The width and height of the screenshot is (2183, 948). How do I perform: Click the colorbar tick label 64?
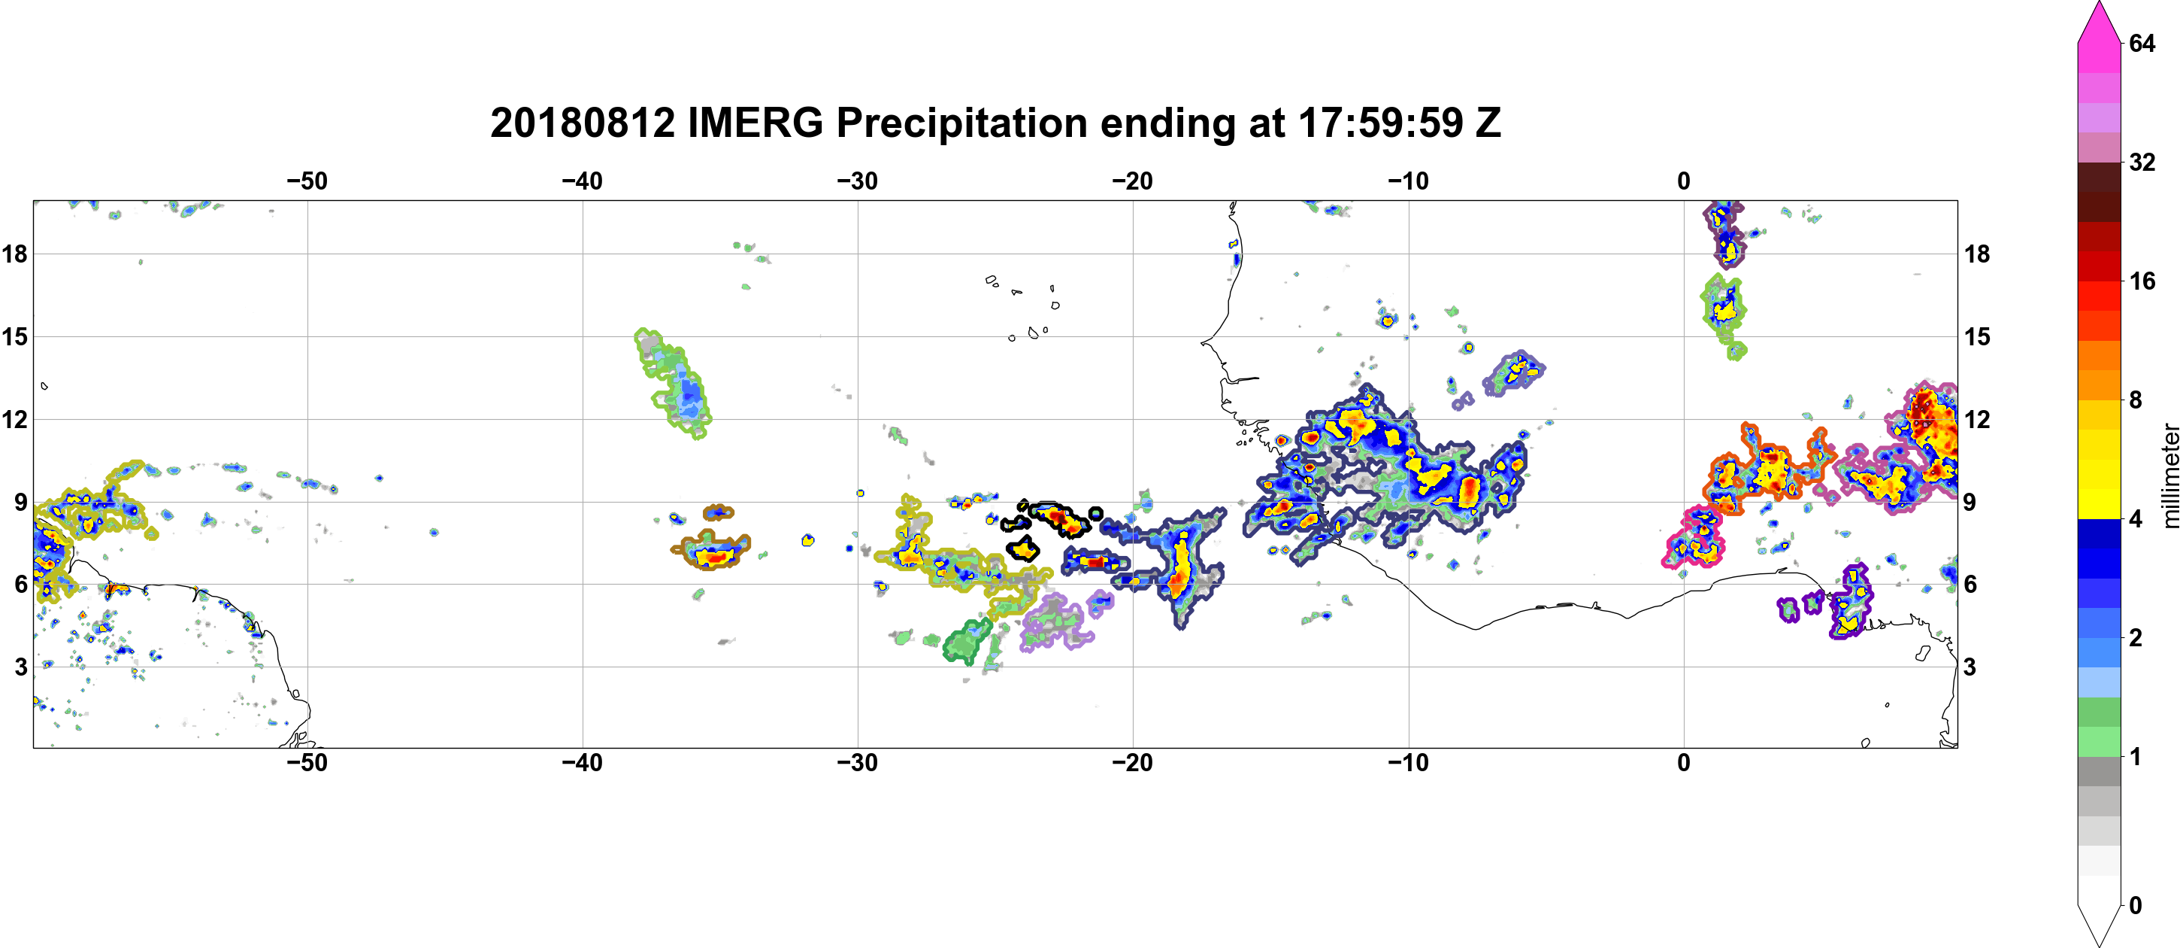(2142, 42)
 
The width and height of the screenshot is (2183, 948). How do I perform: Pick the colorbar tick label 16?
(2142, 281)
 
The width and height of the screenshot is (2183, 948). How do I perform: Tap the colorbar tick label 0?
(2136, 906)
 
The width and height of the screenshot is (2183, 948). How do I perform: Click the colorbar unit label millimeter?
(2170, 476)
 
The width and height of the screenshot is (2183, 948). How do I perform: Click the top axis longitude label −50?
(307, 181)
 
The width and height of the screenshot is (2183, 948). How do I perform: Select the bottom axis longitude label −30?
(858, 763)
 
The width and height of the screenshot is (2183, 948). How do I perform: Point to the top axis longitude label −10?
(1409, 181)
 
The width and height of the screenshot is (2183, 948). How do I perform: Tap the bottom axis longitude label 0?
(1684, 763)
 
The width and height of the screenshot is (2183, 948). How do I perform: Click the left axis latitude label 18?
(14, 254)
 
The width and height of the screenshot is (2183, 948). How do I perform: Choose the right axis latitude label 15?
(1977, 336)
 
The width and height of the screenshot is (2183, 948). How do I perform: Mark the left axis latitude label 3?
(20, 667)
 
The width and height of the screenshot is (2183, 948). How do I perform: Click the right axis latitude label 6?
(1971, 585)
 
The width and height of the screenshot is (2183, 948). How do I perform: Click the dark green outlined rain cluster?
(967, 642)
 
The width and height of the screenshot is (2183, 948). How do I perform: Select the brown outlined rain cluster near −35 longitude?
(712, 549)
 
